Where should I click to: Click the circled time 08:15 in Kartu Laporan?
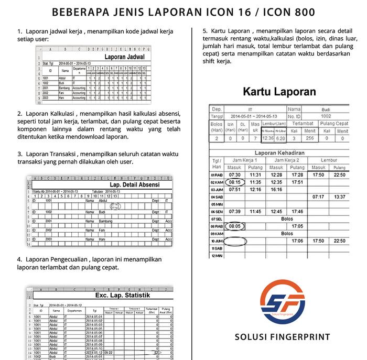[x=234, y=182]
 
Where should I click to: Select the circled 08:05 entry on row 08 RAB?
[x=234, y=226]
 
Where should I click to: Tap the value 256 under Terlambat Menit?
[x=309, y=138]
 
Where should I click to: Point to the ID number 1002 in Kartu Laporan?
[x=326, y=116]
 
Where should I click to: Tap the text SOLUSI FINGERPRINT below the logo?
[x=283, y=336]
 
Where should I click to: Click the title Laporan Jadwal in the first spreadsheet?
[x=124, y=56]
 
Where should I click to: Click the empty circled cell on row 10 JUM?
[x=234, y=241]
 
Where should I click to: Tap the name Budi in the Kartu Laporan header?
[x=326, y=109]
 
